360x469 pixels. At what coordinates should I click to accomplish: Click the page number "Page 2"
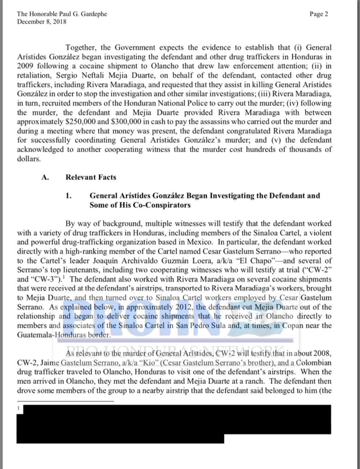click(x=319, y=14)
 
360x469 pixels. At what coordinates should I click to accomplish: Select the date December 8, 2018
click(x=42, y=22)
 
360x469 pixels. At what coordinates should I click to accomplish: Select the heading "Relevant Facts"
click(x=91, y=177)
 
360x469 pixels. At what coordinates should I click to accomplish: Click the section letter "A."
click(x=45, y=177)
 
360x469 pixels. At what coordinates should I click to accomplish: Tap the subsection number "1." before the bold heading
click(x=69, y=196)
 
